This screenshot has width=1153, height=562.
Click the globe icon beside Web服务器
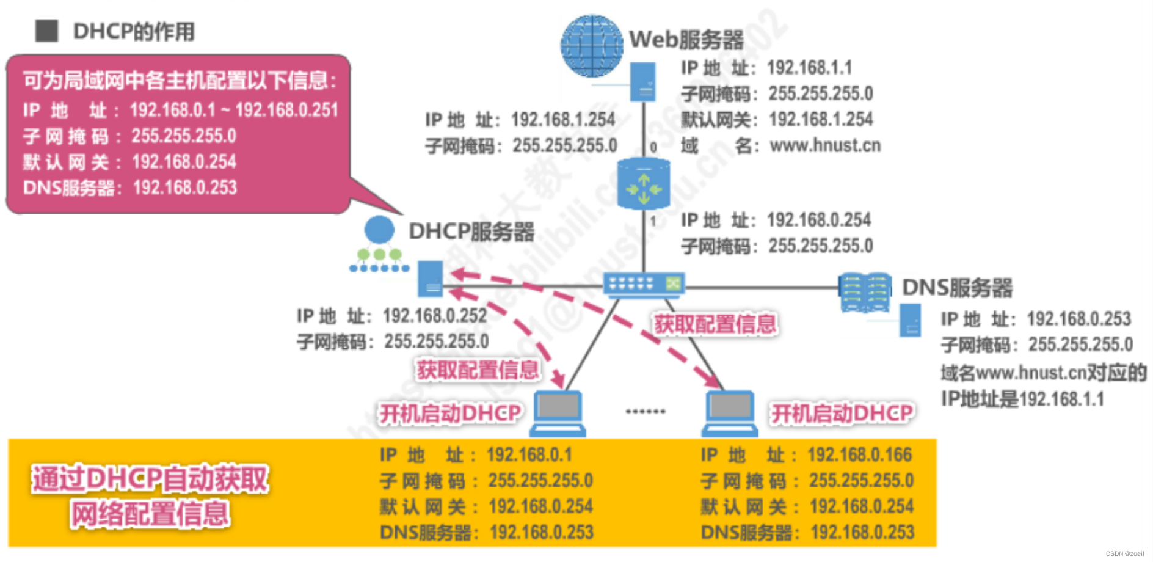tap(591, 46)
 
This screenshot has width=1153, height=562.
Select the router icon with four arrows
tap(644, 184)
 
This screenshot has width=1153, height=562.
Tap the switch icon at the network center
tap(644, 285)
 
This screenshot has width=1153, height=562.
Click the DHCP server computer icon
tap(431, 279)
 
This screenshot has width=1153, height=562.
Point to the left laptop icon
tap(558, 413)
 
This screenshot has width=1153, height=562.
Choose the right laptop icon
tap(730, 413)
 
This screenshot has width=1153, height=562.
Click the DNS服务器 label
tap(957, 288)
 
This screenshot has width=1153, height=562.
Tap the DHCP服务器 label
tap(471, 232)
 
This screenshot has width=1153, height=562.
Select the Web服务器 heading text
tap(686, 40)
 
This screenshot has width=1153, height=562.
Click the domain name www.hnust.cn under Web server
tap(825, 145)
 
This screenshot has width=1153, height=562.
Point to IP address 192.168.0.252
tap(434, 316)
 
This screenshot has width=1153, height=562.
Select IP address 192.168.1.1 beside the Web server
tap(809, 68)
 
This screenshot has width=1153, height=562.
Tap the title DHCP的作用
tap(134, 31)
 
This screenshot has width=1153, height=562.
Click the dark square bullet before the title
tap(46, 31)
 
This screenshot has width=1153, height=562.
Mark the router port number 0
tap(653, 147)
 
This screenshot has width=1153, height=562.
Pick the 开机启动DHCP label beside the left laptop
tap(450, 414)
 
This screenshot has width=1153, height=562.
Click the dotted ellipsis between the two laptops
tap(645, 412)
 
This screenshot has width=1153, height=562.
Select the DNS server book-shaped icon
tap(865, 293)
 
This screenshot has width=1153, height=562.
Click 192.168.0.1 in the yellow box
tap(529, 454)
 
